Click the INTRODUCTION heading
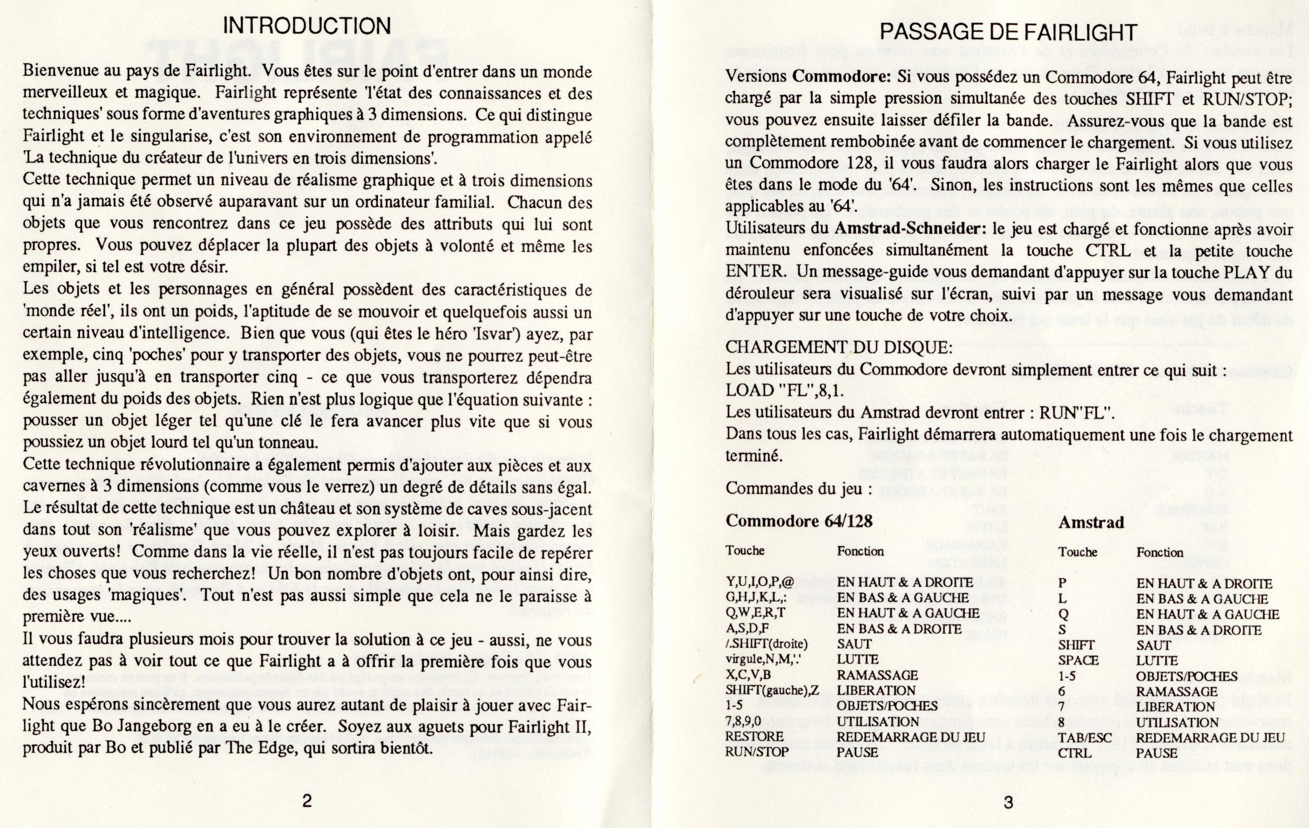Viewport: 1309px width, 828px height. pos(307,25)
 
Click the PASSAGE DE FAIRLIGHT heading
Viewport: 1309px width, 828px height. pos(1008,32)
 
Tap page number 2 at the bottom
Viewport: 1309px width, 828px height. pos(307,801)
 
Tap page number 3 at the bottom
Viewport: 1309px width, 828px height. pos(1008,803)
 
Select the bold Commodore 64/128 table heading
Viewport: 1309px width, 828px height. pos(798,521)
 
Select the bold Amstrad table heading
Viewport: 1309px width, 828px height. pos(1090,522)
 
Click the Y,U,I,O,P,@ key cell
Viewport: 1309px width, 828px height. pos(759,582)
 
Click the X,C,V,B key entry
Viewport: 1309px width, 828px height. pos(748,675)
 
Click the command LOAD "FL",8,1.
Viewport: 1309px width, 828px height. pos(785,390)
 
